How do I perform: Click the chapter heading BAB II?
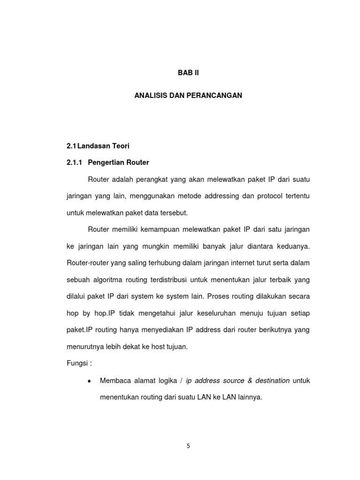tap(188, 73)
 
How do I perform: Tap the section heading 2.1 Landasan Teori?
tap(97, 146)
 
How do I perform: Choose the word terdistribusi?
tap(178, 279)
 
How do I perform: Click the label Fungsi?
tap(76, 364)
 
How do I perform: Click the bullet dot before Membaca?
tap(89, 381)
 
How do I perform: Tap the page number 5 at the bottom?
tap(188, 446)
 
